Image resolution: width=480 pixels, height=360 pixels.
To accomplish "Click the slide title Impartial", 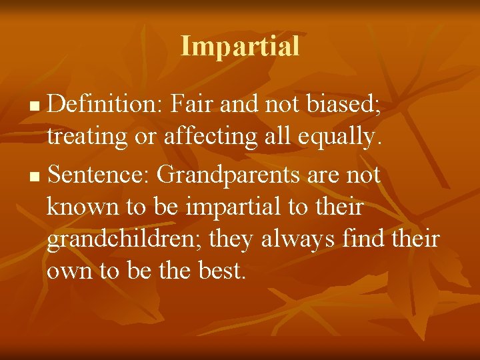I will coord(240,46).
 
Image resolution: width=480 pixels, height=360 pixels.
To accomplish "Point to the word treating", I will coord(86,137).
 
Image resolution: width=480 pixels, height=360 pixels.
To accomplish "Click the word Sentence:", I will coord(99,175).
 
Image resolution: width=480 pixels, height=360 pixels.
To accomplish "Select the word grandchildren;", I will coord(125,239).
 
